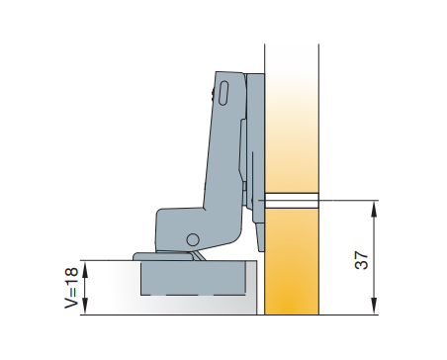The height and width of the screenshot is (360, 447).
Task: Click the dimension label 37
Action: (361, 260)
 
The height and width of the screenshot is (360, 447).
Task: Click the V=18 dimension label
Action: (71, 288)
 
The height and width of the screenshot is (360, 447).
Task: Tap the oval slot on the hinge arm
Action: (223, 93)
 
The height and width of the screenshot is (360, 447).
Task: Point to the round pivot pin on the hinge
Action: (193, 239)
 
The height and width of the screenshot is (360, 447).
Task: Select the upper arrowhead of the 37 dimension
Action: (374, 209)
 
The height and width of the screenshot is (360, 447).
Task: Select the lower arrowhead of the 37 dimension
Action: (374, 307)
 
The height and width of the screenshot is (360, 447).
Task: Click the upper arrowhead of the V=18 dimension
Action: (85, 269)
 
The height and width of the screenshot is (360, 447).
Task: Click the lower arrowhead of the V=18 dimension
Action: (85, 307)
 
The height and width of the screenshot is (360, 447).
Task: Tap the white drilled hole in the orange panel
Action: (292, 201)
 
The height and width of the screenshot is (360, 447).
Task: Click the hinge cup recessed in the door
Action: (193, 278)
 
